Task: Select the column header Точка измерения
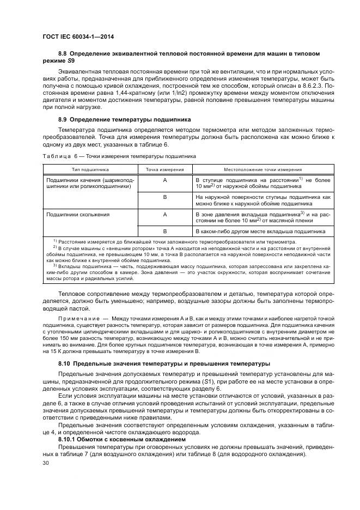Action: pyautogui.click(x=164, y=169)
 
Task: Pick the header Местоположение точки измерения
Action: pyautogui.click(x=264, y=169)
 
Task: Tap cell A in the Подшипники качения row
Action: pyautogui.click(x=164, y=179)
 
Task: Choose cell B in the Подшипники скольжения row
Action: pyautogui.click(x=164, y=231)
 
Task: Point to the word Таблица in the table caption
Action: pyautogui.click(x=58, y=156)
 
